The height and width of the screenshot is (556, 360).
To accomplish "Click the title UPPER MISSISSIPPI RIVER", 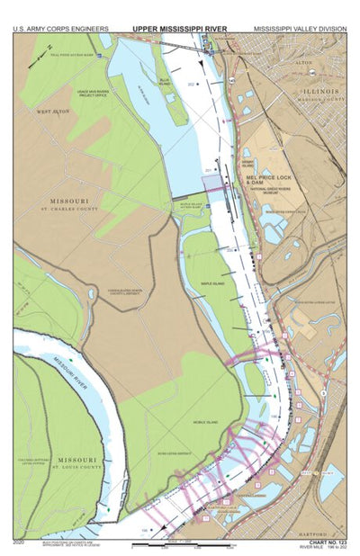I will [x=179, y=28].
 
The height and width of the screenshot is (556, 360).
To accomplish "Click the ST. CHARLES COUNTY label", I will [x=67, y=210].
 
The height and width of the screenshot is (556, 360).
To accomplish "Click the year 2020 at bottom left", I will [x=20, y=542].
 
